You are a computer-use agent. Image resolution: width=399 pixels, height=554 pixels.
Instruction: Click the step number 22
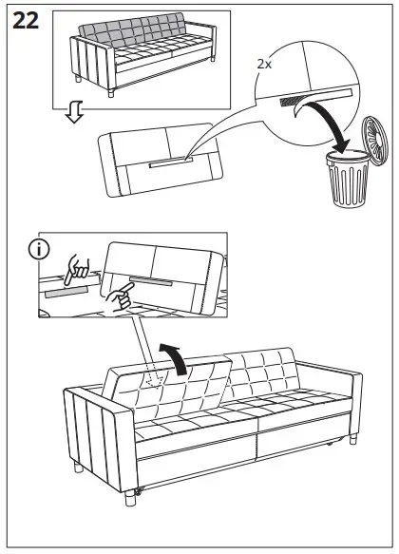point(25,21)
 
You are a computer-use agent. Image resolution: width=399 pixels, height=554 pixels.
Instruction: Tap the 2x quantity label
point(266,67)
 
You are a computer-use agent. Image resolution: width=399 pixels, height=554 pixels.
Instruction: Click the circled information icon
point(37,251)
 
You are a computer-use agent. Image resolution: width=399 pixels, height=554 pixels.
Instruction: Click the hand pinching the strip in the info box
point(73,270)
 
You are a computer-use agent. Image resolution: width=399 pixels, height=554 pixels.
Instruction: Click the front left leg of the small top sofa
point(113,93)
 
